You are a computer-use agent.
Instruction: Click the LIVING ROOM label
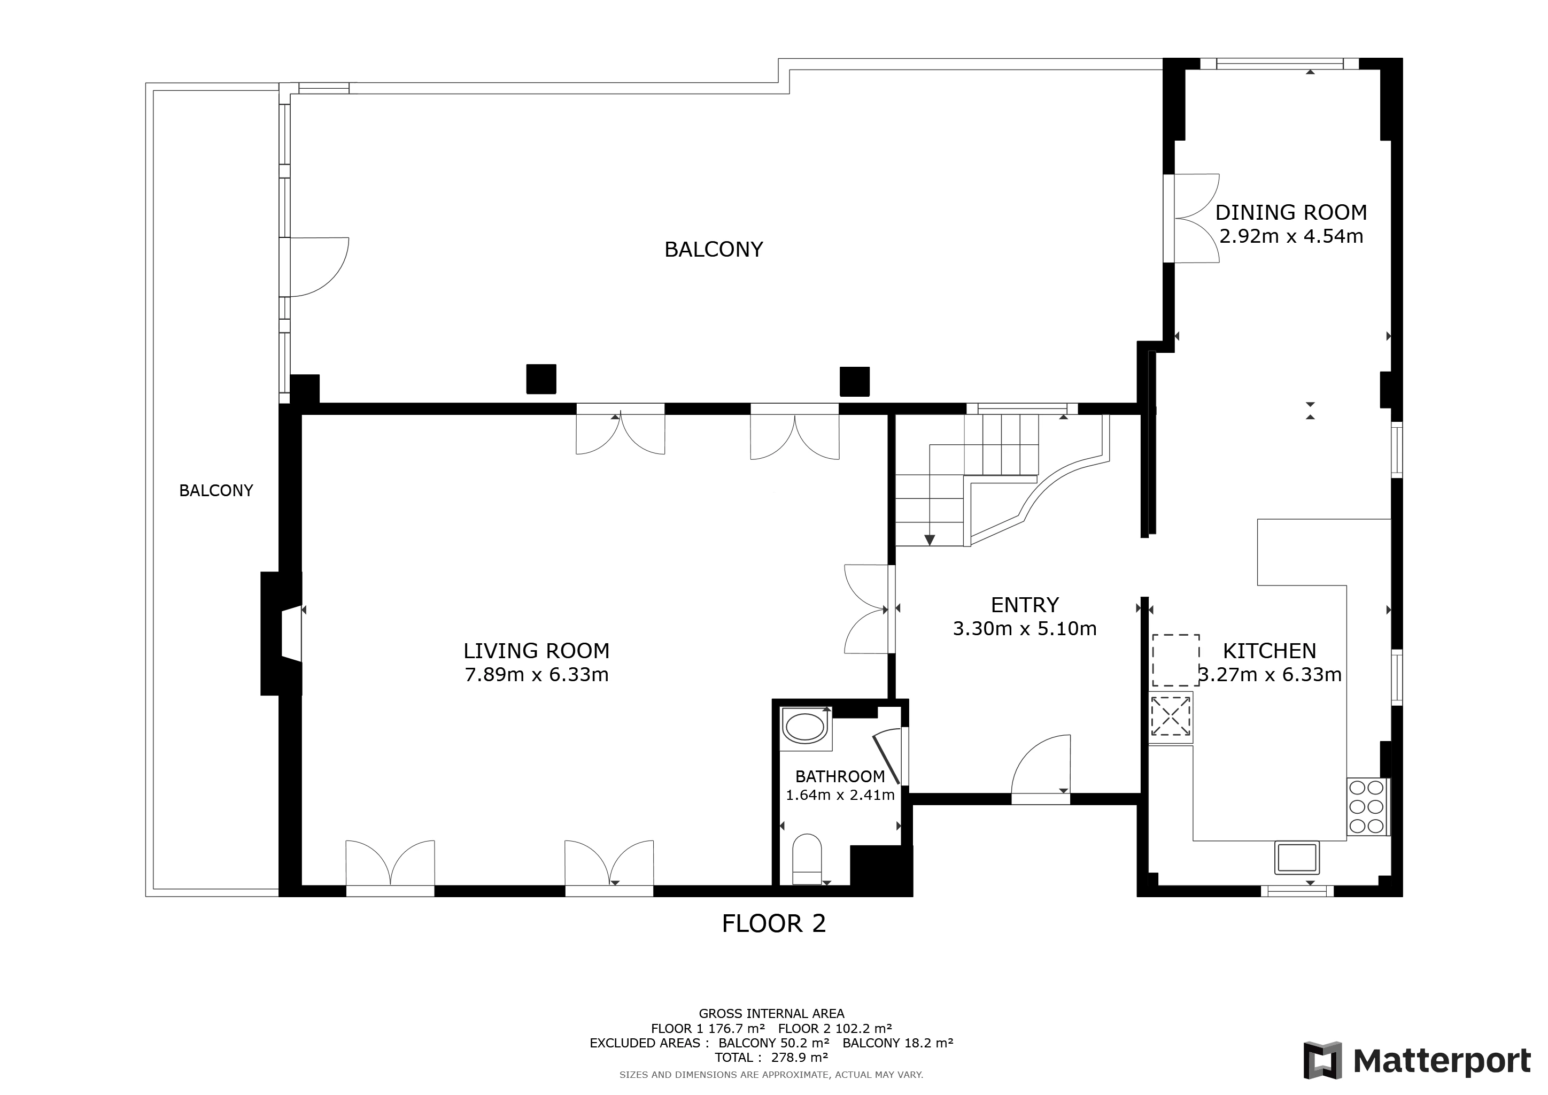536,651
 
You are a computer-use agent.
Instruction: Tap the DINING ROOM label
1291,212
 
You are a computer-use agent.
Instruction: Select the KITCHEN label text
1270,651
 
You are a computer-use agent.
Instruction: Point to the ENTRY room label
1025,605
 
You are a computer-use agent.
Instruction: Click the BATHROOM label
840,776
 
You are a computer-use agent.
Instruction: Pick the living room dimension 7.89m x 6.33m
537,674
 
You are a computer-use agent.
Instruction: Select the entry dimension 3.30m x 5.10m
1025,628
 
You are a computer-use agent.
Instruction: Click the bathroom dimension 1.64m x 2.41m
840,795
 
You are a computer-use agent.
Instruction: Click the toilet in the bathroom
807,859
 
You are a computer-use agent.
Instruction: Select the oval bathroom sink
806,728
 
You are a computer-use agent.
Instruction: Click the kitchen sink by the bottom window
1297,858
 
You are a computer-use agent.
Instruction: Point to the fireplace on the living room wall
282,633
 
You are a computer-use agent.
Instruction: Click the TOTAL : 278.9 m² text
771,1057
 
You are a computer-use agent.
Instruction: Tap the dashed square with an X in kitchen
1171,716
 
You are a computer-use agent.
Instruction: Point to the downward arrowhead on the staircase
930,540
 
